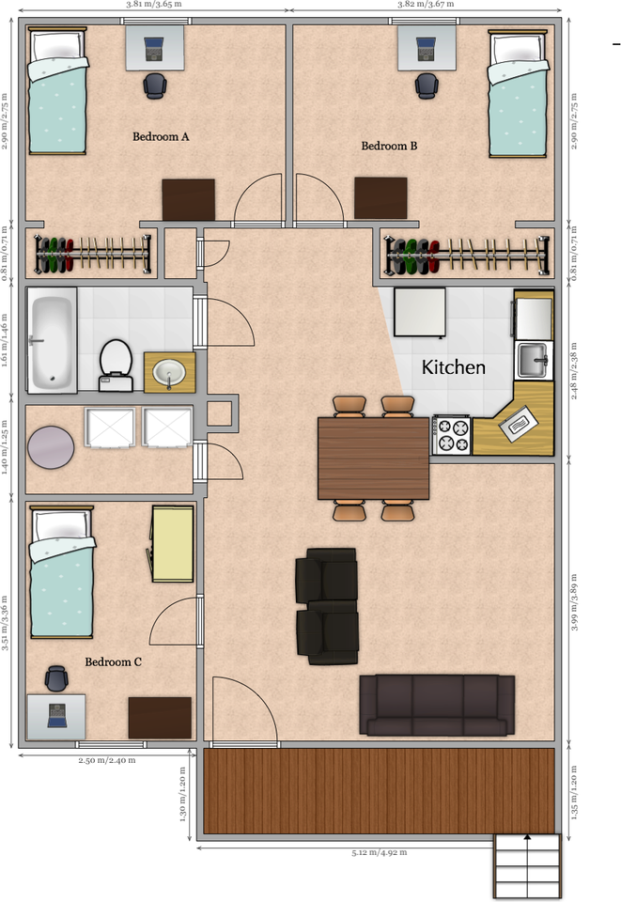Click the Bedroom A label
click(161, 137)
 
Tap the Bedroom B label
click(389, 147)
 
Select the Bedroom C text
click(113, 662)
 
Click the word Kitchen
click(453, 367)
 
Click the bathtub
click(52, 341)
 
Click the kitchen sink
click(534, 358)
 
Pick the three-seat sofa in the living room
click(437, 705)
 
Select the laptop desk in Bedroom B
click(426, 47)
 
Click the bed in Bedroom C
click(62, 571)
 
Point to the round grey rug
click(51, 447)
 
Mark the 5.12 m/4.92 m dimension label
click(380, 853)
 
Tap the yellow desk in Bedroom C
click(172, 543)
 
